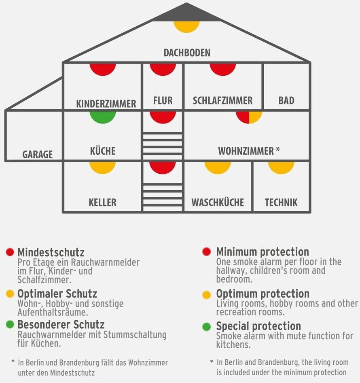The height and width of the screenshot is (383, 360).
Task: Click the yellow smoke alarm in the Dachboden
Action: point(186,26)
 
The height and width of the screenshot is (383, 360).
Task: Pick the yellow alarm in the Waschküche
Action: point(218,167)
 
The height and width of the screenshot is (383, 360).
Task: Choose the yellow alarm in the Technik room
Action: point(281,167)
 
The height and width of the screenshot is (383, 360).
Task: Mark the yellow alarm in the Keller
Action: point(103,167)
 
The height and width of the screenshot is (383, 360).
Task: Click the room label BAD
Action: point(286,100)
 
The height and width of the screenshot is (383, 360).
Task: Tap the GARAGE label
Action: point(37,154)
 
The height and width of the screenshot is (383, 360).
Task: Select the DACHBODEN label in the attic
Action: point(187,53)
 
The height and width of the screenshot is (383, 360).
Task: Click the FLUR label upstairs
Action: point(163,100)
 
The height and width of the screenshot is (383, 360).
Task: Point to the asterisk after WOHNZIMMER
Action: point(277,150)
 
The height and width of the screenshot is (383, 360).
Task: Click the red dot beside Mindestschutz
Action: point(10,252)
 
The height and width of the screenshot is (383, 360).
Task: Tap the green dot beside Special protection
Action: point(207,326)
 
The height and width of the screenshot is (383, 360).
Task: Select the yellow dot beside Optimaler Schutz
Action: point(10,294)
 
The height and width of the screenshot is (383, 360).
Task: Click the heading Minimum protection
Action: point(263,252)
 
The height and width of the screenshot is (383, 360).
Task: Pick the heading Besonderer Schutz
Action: point(61,325)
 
